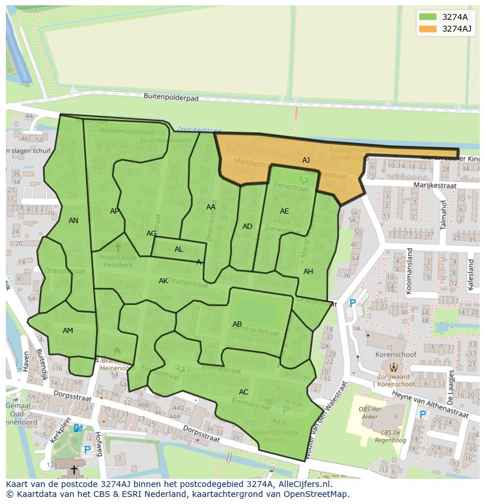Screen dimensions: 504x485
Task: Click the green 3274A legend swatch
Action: tap(428, 17)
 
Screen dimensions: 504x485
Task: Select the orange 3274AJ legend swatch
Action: tap(428, 29)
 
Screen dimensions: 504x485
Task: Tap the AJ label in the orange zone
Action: tap(306, 160)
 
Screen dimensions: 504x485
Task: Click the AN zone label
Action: tap(73, 221)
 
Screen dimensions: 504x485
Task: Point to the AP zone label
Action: tap(115, 211)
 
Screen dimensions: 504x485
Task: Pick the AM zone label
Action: tap(68, 331)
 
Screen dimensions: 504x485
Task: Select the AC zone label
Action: tap(244, 392)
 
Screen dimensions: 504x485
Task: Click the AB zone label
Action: tap(237, 324)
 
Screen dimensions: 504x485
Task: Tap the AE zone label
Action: tap(284, 211)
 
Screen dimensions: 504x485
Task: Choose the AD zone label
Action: tap(247, 227)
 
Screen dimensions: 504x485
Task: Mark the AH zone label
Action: tap(308, 272)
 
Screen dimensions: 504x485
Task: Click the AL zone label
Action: tap(179, 249)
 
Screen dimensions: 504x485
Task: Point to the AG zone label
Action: tap(151, 234)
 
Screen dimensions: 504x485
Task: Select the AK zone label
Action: tap(163, 281)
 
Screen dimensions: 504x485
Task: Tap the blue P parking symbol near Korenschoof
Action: tap(353, 303)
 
